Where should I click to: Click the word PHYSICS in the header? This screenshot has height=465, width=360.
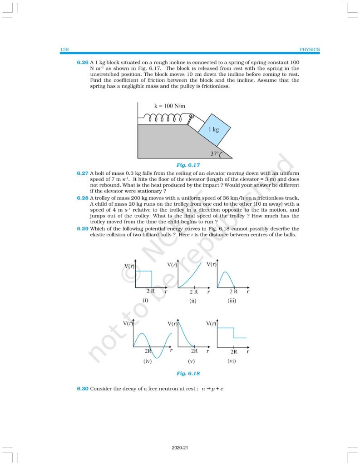pos(310,49)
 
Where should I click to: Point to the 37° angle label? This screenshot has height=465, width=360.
pos(214,153)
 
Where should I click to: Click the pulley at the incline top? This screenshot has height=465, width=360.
pos(192,118)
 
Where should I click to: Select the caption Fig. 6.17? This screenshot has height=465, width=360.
pos(188,165)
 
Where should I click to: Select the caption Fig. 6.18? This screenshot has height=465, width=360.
pos(188,373)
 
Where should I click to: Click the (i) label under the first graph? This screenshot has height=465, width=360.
pos(145,300)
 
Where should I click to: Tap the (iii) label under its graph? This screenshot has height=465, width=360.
pos(233,300)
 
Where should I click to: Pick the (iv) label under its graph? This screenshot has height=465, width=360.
pos(147,361)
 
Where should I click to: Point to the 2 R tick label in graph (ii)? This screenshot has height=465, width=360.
pos(193,292)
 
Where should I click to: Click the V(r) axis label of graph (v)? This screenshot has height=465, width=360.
pos(173,324)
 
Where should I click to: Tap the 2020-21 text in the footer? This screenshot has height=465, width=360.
pos(180,448)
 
